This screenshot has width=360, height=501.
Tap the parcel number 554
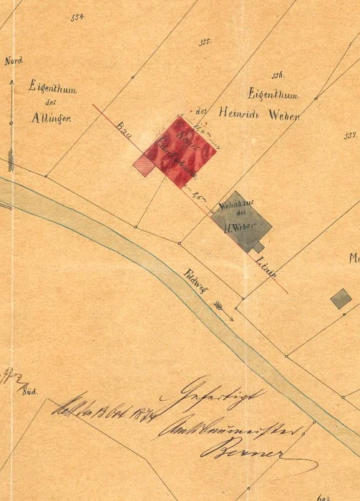point(78,16)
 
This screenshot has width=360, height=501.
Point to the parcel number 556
point(279,75)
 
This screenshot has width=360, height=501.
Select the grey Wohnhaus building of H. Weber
point(243,221)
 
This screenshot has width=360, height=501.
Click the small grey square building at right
point(341,298)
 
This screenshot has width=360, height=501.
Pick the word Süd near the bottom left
point(30,393)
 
